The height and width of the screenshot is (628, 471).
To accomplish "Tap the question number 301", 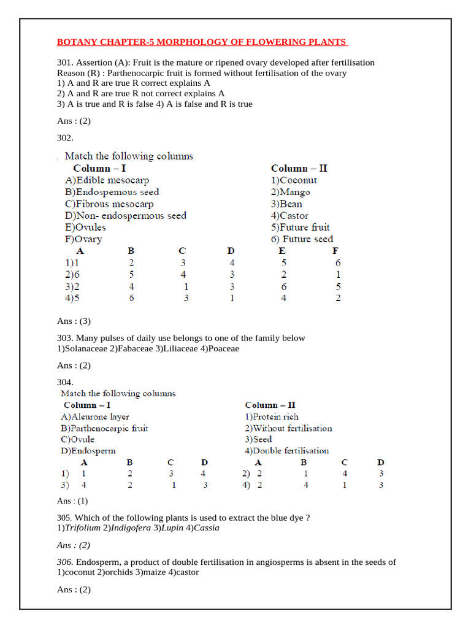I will pos(64,63).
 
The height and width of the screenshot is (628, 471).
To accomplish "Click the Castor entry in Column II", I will pos(293,216).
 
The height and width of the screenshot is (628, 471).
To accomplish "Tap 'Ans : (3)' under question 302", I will pos(74,321).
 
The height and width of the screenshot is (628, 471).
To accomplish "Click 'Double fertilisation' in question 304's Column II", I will pos(289,451).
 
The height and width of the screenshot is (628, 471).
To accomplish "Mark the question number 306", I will pos(65,562).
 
